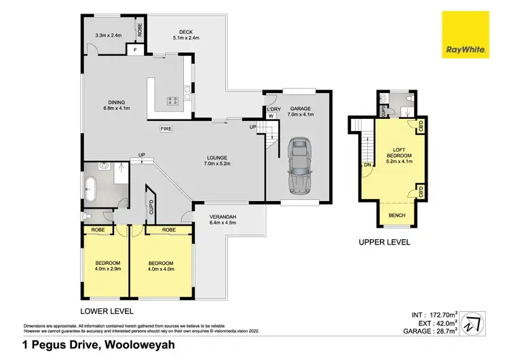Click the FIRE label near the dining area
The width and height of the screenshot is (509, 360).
(x=165, y=128)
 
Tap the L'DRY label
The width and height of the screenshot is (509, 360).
(x=273, y=109)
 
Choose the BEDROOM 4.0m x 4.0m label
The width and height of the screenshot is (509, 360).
(x=160, y=266)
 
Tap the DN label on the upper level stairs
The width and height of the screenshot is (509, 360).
(x=367, y=164)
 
